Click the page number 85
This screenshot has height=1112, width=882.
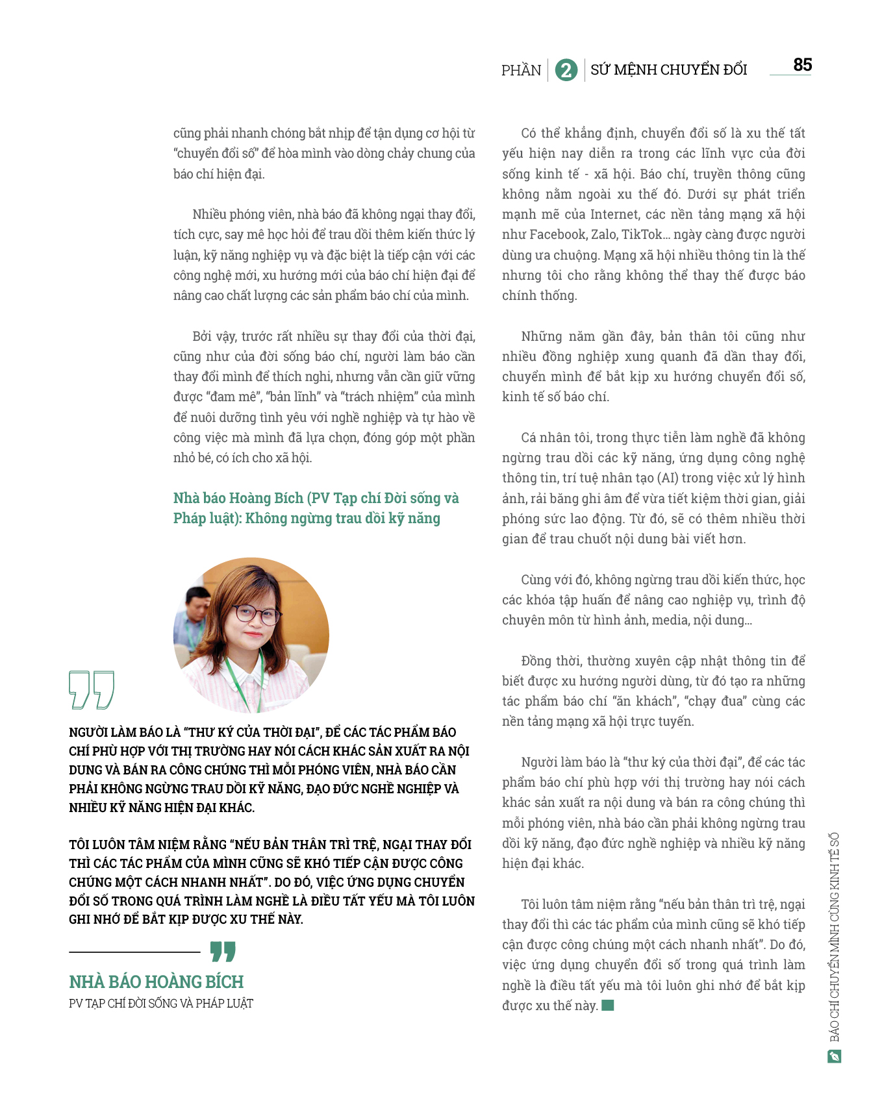pos(802,65)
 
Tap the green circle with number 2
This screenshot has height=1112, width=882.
pos(566,70)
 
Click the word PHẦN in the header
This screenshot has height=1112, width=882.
pos(521,70)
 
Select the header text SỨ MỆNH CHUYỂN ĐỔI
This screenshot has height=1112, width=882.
pos(668,69)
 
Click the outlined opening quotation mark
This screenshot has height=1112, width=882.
pos(92,689)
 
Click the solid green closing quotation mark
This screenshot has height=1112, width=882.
pos(223,952)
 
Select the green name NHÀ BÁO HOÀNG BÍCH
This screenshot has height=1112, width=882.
pos(157,982)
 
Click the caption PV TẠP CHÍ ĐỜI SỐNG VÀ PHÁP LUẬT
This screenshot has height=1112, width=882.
pos(161,1004)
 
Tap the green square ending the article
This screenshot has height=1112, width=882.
pos(608,1006)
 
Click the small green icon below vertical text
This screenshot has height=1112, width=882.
pos(834,1057)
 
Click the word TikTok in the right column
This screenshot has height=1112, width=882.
pos(642,234)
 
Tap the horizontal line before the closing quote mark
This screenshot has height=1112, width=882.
pos(134,952)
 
